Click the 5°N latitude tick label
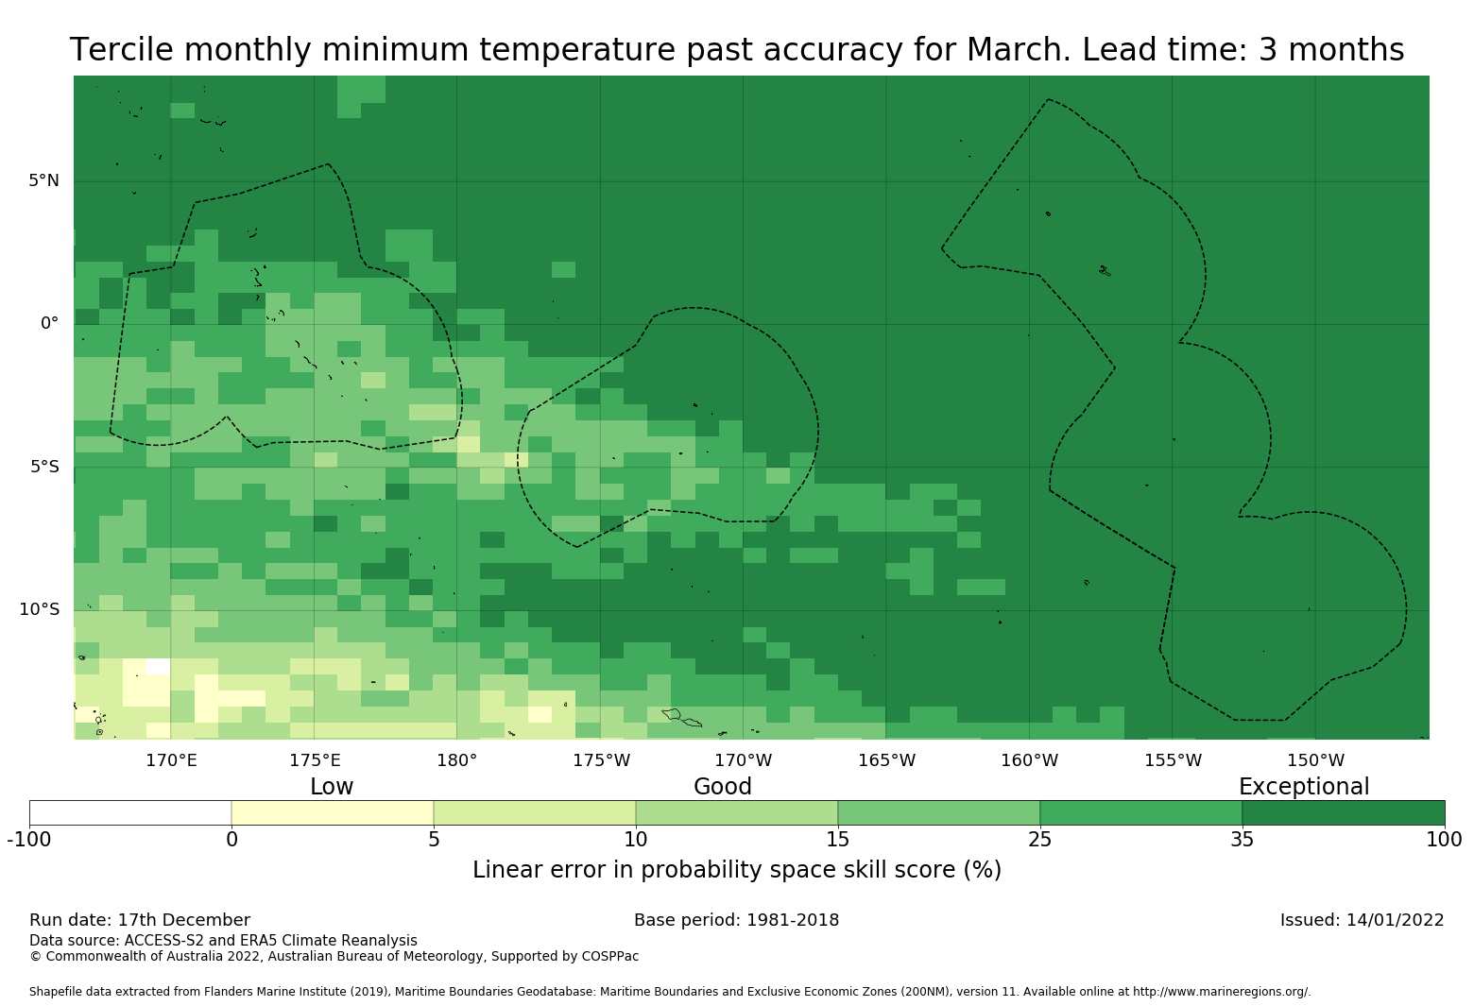click(x=43, y=180)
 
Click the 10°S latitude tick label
click(x=39, y=609)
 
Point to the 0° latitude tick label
click(x=49, y=323)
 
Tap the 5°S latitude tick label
click(x=43, y=467)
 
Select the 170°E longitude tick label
click(x=171, y=760)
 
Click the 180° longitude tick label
click(x=456, y=760)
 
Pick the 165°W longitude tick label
click(x=886, y=760)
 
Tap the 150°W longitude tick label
click(x=1315, y=760)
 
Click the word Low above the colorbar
click(x=332, y=787)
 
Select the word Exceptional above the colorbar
click(x=1303, y=787)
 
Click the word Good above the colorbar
click(x=723, y=787)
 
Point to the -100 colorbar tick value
click(x=29, y=840)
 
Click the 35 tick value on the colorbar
click(x=1243, y=840)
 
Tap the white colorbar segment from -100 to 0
click(x=130, y=812)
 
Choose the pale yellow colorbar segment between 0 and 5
click(x=333, y=812)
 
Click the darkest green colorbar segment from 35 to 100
click(x=1343, y=812)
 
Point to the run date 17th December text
click(x=183, y=920)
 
